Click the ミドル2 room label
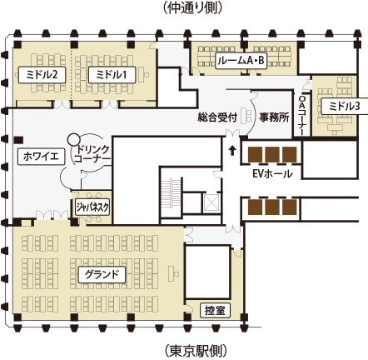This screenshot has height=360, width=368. click(42, 74)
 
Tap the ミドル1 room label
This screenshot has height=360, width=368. click(112, 74)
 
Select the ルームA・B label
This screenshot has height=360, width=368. click(241, 61)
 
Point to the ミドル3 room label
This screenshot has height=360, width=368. click(345, 106)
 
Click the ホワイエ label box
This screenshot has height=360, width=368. click(41, 157)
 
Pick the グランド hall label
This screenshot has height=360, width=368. click(102, 275)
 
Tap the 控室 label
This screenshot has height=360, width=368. click(215, 310)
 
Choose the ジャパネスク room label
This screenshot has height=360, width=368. click(92, 207)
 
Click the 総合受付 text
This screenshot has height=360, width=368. click(217, 117)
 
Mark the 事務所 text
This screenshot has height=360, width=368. click(274, 117)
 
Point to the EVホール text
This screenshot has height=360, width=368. click(272, 174)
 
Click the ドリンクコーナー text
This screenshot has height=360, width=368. click(92, 154)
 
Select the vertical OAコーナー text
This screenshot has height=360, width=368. click(302, 114)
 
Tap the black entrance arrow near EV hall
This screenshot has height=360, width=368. click(232, 151)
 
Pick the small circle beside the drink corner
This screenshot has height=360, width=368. click(74, 139)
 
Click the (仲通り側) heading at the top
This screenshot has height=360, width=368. click(192, 8)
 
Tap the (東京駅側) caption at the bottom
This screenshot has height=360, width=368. click(196, 351)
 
